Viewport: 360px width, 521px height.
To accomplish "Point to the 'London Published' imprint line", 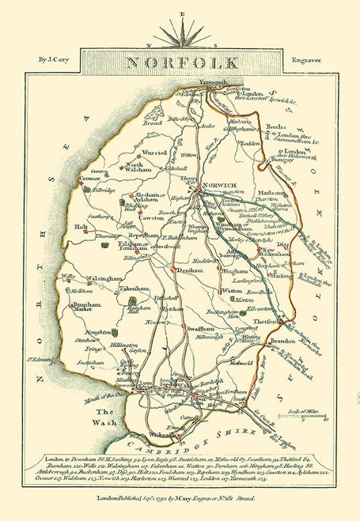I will coord(180,498).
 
